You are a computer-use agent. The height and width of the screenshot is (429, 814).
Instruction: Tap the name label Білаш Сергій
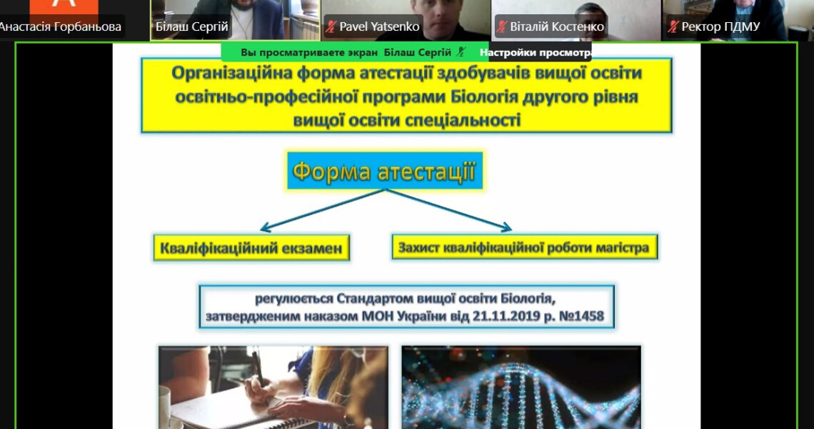point(192,27)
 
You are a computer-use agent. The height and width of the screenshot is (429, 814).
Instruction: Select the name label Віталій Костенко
point(557,27)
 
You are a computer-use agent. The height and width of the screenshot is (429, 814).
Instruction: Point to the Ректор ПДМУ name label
point(720,27)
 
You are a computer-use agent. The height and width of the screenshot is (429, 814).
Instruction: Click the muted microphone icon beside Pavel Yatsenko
point(331,27)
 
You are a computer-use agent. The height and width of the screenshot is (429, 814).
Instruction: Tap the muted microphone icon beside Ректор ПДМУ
point(673,27)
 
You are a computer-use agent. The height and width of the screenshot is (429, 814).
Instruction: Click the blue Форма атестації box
point(384,171)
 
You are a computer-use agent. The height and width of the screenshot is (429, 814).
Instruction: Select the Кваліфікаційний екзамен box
point(251,248)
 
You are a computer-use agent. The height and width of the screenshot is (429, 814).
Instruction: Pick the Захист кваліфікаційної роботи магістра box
point(524,247)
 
